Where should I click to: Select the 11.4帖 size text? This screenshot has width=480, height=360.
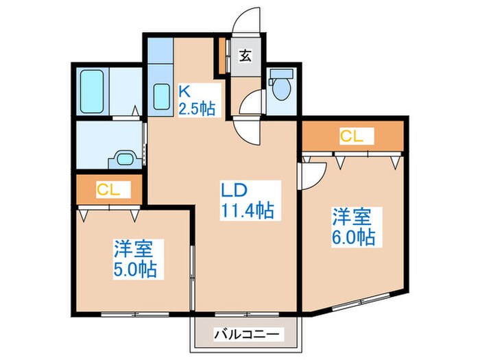pos(247,211)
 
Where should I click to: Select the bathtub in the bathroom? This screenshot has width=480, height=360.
pos(91,93)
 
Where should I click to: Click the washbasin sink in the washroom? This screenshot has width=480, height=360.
pos(125,158)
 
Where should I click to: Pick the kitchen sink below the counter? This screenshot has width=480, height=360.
pos(162,96)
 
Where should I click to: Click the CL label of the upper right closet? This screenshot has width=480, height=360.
pos(351,136)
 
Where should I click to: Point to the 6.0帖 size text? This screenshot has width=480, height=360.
pos(354,237)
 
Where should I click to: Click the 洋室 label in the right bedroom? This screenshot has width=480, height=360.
pos(352,217)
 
